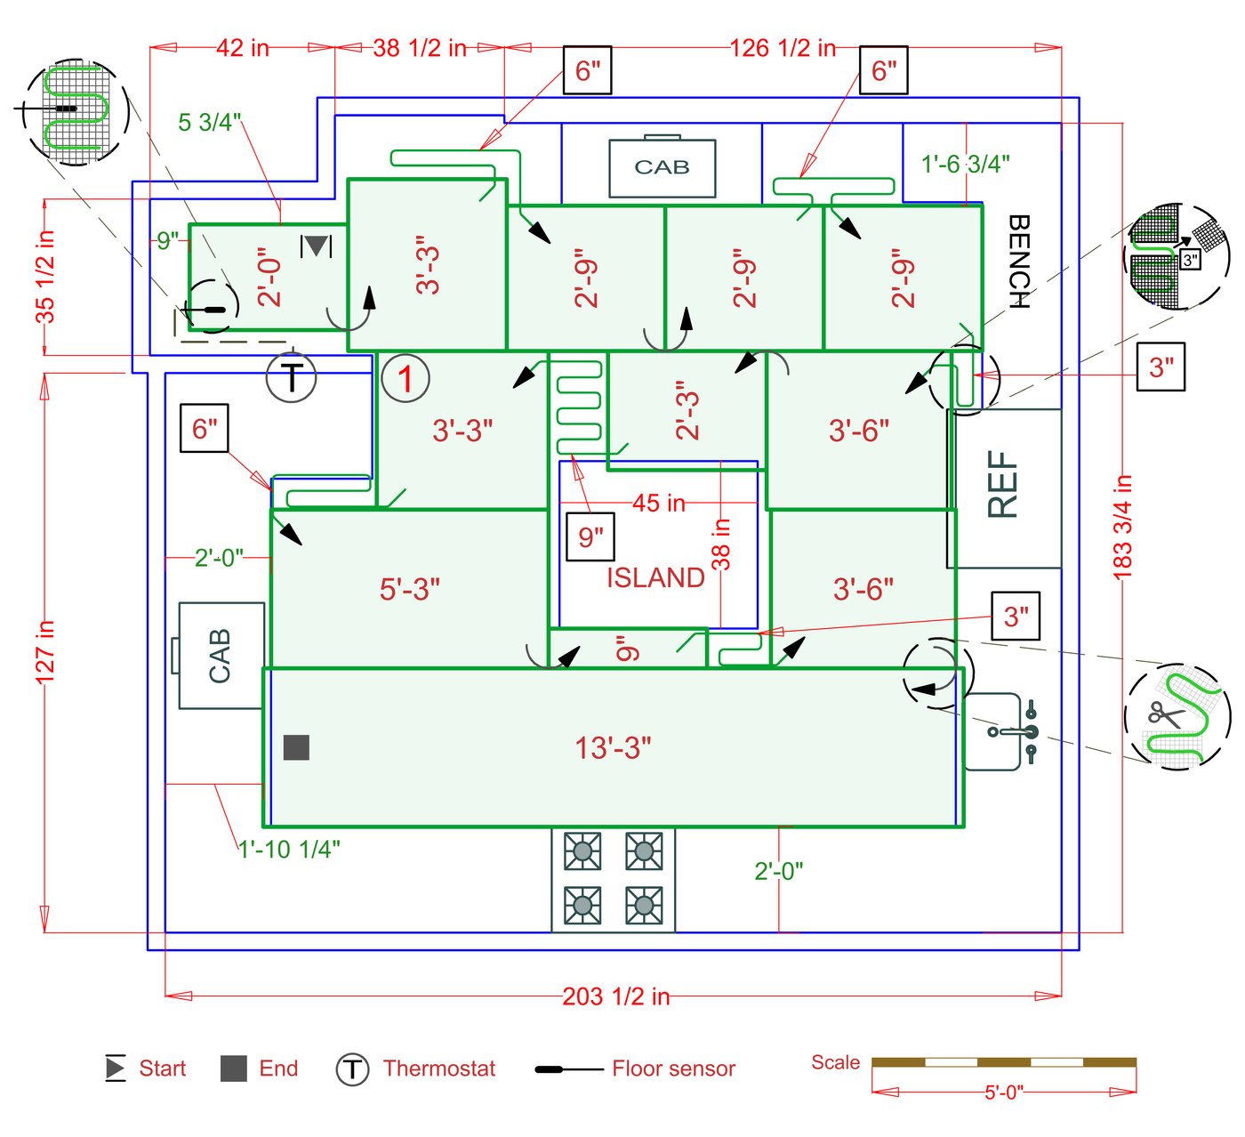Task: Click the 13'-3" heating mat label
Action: pyautogui.click(x=613, y=748)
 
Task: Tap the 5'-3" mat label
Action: pyautogui.click(x=410, y=589)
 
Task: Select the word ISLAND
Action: pyautogui.click(x=655, y=578)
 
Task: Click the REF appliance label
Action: pyautogui.click(x=1002, y=484)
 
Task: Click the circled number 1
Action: pyautogui.click(x=406, y=378)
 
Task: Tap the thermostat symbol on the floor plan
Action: pyautogui.click(x=292, y=377)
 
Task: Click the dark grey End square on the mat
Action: pyautogui.click(x=296, y=747)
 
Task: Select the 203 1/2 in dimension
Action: pyautogui.click(x=615, y=996)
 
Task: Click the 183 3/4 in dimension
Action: pyautogui.click(x=1122, y=527)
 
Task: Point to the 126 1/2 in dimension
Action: pyautogui.click(x=783, y=48)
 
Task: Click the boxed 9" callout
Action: pyautogui.click(x=590, y=536)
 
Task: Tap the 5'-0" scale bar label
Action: pyautogui.click(x=1004, y=1092)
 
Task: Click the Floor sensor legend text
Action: pyautogui.click(x=673, y=1068)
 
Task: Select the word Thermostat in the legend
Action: pyautogui.click(x=439, y=1068)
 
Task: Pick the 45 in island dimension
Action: pyautogui.click(x=659, y=504)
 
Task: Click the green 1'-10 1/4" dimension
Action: pyautogui.click(x=289, y=849)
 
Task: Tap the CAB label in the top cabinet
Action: pyautogui.click(x=662, y=167)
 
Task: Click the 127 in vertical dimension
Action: pyautogui.click(x=45, y=652)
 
